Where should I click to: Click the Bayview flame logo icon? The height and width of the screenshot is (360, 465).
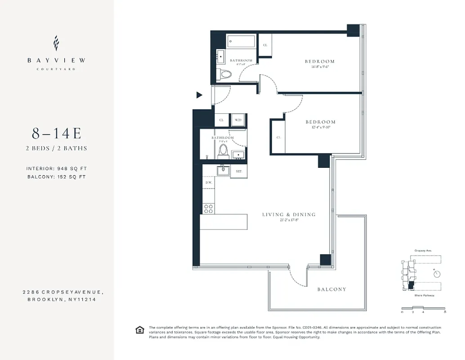[x=56, y=43]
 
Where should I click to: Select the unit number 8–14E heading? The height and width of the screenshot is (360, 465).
[x=56, y=134]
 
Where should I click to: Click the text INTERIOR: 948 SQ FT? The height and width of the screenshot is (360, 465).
[x=57, y=169]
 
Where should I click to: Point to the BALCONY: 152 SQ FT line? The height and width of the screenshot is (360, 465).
[x=57, y=177]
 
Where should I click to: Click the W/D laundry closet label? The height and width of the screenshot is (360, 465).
[x=238, y=120]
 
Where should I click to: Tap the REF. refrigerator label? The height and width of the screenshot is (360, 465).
[x=239, y=171]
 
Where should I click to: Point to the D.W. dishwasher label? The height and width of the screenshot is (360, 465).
[x=209, y=183]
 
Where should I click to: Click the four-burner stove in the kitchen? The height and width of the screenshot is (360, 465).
[x=209, y=208]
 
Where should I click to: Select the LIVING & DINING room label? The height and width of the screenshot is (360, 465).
[x=289, y=215]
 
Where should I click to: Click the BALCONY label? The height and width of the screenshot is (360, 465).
[x=331, y=289]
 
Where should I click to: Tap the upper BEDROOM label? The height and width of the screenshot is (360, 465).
[x=320, y=62]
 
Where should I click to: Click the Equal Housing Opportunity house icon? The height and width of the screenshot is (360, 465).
[x=139, y=330]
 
